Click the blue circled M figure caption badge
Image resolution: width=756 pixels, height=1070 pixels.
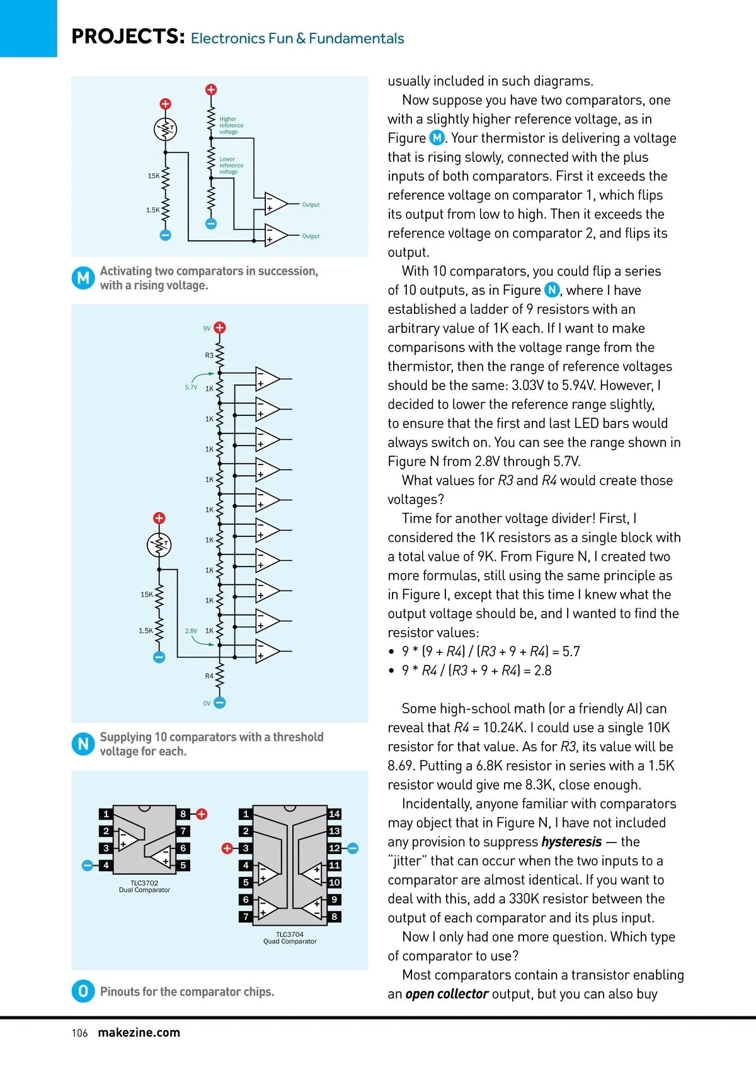click(83, 278)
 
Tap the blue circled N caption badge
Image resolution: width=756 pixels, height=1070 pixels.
click(83, 744)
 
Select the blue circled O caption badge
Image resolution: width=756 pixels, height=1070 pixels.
click(83, 991)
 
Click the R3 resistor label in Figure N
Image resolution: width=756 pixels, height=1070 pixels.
click(209, 355)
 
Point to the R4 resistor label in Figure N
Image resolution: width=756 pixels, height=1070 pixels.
click(209, 676)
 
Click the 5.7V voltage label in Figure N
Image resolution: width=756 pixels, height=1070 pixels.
click(191, 388)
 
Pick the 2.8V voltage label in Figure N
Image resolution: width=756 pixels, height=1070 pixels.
click(191, 631)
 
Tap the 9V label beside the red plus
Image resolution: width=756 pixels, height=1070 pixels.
click(207, 328)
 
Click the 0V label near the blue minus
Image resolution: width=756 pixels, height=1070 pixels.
click(207, 703)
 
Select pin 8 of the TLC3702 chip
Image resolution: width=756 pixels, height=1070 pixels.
click(183, 814)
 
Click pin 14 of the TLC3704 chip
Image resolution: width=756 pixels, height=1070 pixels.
click(335, 814)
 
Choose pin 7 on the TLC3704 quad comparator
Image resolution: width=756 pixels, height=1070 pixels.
click(246, 916)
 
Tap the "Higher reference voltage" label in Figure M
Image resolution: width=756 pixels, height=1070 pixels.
click(231, 125)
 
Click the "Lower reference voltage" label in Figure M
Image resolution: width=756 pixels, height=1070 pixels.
click(231, 166)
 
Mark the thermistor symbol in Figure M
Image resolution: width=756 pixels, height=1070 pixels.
click(166, 130)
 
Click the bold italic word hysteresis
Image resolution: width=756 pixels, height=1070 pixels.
click(571, 842)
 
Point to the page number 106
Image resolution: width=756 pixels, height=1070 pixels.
click(79, 1033)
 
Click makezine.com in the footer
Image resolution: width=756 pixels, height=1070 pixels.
click(139, 1033)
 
